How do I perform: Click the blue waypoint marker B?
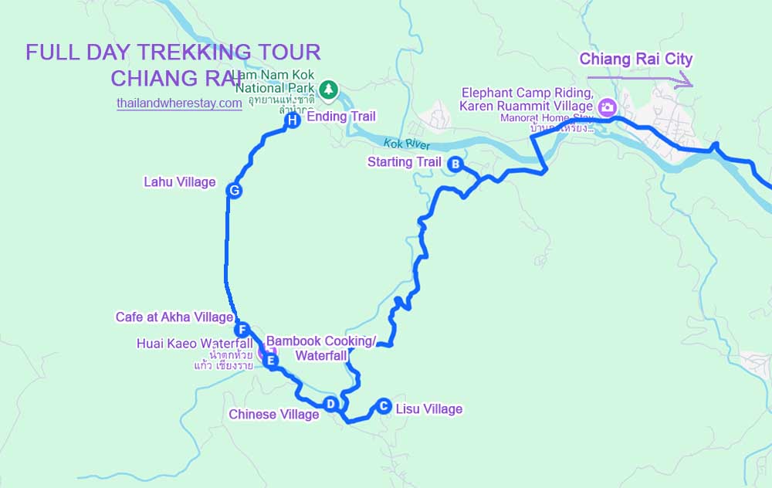(x=455, y=164)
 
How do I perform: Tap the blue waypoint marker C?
(x=383, y=406)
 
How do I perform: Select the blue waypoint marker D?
(x=330, y=404)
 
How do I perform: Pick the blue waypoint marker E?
(x=270, y=360)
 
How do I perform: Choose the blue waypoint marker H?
(x=292, y=120)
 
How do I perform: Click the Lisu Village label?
(x=428, y=409)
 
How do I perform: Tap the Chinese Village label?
(x=273, y=415)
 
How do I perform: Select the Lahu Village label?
(x=179, y=182)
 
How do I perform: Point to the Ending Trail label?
(x=341, y=117)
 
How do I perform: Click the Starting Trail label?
(x=404, y=162)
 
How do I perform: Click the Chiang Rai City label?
(x=636, y=59)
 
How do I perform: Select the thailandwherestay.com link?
(x=179, y=103)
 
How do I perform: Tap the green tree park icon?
(x=329, y=90)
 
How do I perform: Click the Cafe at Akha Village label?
(x=174, y=317)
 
